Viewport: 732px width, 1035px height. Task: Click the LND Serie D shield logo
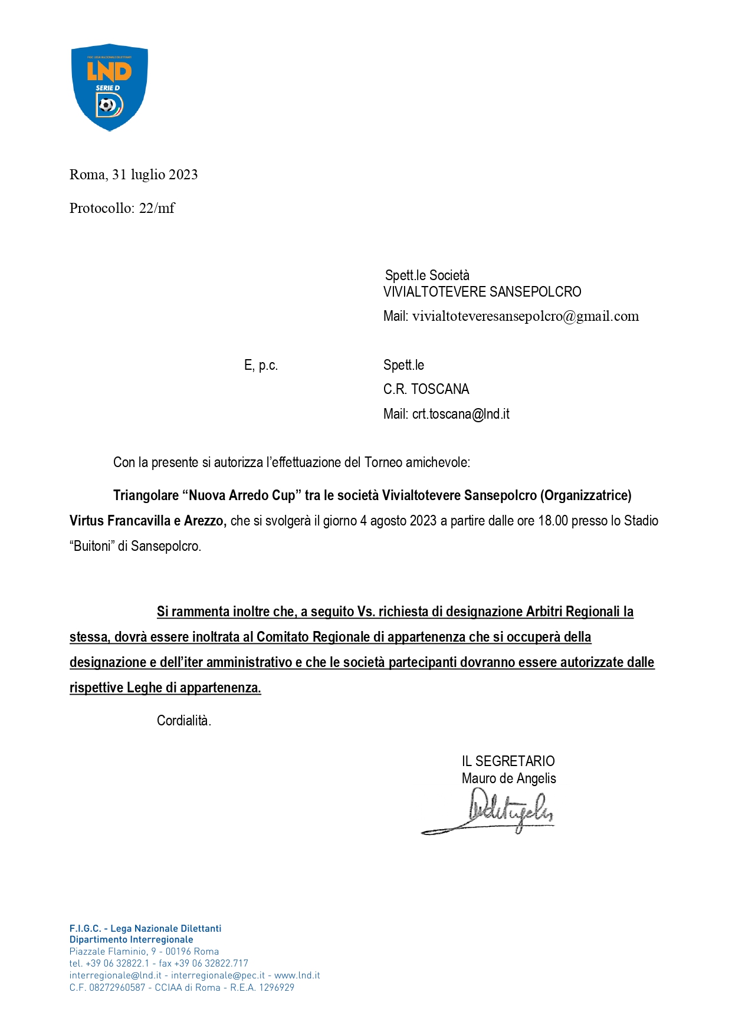point(109,87)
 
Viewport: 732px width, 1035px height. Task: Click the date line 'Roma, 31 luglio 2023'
point(133,175)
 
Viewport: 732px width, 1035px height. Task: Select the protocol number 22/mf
point(157,208)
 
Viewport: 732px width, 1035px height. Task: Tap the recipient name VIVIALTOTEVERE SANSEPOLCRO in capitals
point(482,292)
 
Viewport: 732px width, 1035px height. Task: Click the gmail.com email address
point(525,316)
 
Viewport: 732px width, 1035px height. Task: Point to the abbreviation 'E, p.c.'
point(261,366)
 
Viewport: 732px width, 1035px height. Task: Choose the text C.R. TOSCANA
point(426,389)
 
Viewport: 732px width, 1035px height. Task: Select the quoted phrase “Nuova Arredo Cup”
point(241,495)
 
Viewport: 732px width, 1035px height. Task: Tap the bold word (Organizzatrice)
point(585,495)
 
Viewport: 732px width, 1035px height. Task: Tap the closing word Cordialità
point(183,721)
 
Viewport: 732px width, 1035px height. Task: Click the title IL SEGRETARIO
point(508,761)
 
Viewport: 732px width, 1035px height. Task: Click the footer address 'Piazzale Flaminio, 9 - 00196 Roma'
point(144,951)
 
